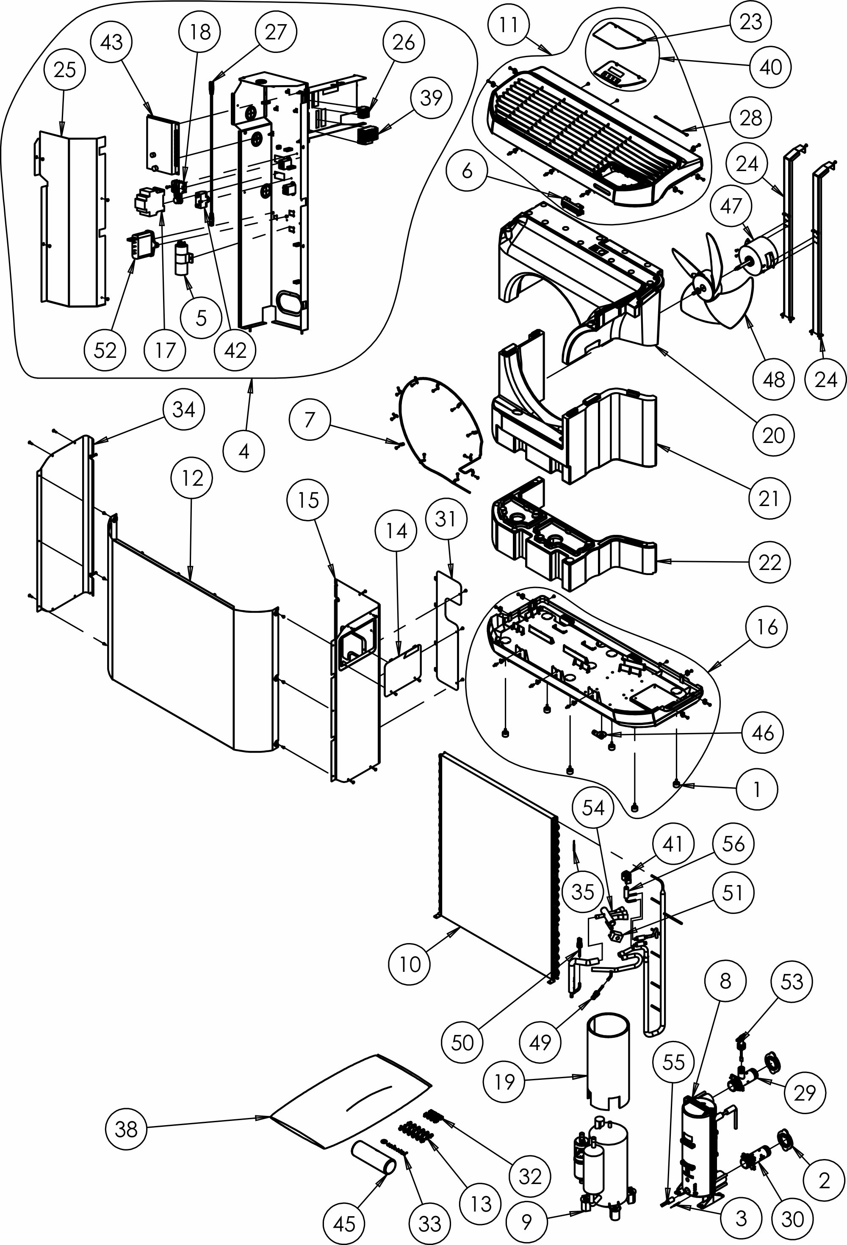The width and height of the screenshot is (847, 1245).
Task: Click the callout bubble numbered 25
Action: [x=65, y=69]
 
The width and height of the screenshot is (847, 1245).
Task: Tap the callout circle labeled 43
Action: [x=111, y=42]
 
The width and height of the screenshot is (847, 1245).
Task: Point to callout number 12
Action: [x=192, y=478]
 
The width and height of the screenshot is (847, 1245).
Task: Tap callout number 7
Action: [x=309, y=420]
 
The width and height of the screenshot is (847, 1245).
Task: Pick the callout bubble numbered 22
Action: [x=769, y=562]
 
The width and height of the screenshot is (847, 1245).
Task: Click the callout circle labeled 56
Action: [x=733, y=844]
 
